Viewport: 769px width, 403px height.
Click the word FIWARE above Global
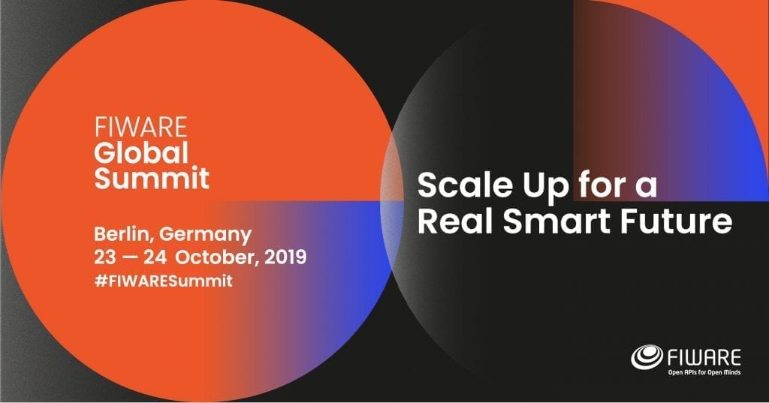(140, 128)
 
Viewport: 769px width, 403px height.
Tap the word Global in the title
(141, 152)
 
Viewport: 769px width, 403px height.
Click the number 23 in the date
(105, 257)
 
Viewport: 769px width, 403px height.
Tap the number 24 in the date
(155, 257)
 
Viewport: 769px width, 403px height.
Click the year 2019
(285, 257)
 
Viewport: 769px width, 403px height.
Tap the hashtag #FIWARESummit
(163, 281)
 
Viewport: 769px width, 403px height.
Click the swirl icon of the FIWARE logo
(647, 357)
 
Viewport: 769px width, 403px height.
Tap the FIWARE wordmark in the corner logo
(704, 357)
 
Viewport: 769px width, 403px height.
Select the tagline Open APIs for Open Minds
(704, 372)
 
